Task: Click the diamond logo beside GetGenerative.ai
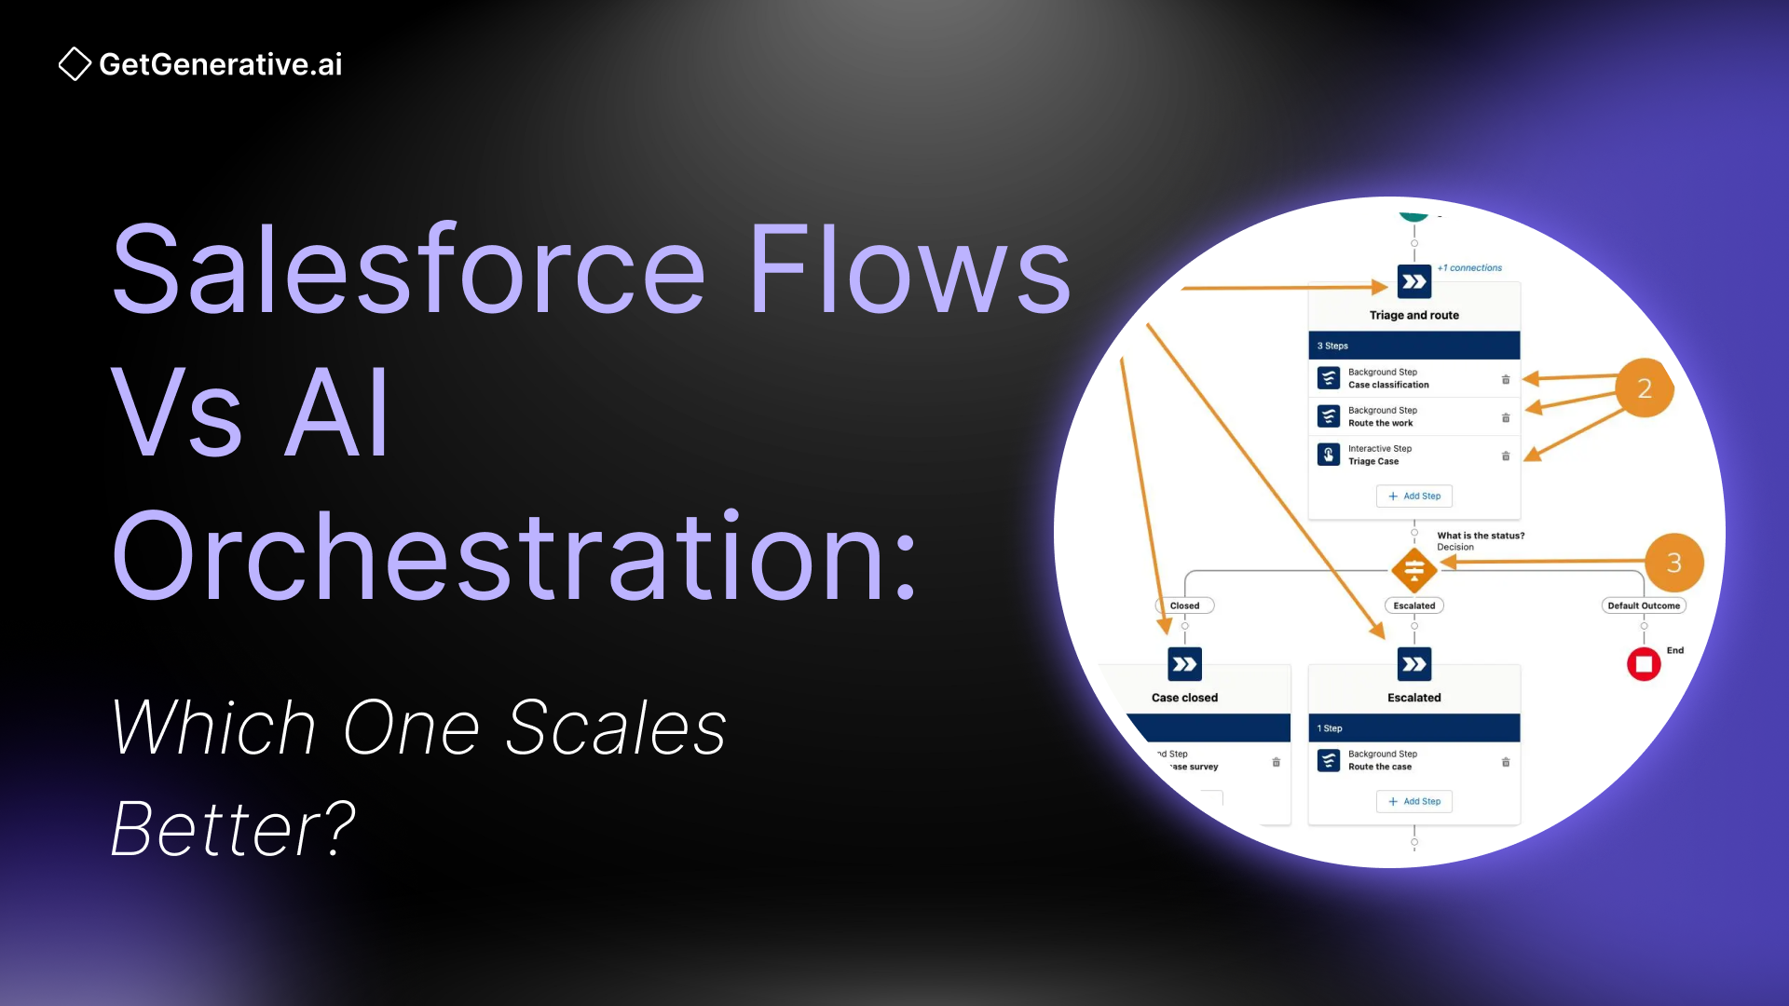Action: [75, 64]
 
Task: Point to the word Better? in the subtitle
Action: [233, 828]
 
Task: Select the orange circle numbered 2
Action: [1644, 388]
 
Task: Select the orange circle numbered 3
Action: [1673, 563]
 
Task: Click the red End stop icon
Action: [1644, 664]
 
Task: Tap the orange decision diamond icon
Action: [1413, 569]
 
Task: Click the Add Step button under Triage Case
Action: [1413, 496]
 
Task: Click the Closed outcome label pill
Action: [1184, 605]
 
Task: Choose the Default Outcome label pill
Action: [1643, 605]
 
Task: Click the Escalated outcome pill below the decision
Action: [1413, 605]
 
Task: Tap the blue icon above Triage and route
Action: [1413, 281]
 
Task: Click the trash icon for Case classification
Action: [1505, 379]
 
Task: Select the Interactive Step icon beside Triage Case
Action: [1329, 455]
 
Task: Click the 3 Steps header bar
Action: [1413, 346]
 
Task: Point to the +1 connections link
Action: [1469, 268]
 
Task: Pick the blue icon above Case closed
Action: [1184, 664]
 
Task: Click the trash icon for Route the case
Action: [1505, 762]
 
